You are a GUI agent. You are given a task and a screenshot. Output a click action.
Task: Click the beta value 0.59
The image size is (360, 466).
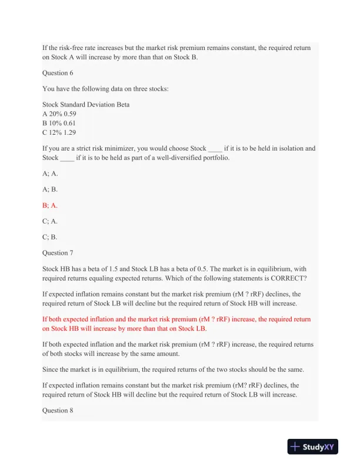pyautogui.click(x=69, y=114)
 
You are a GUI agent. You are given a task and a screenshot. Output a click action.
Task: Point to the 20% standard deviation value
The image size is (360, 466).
pyautogui.click(x=55, y=114)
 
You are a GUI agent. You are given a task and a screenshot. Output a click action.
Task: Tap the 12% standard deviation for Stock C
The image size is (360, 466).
pyautogui.click(x=55, y=132)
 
